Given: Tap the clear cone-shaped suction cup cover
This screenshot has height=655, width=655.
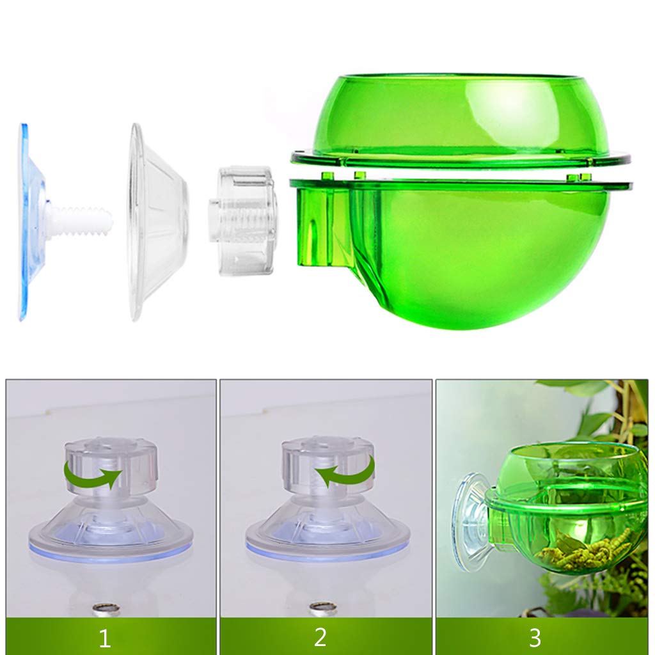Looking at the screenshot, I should point(157,221).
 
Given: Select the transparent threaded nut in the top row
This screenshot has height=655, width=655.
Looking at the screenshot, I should point(244,220).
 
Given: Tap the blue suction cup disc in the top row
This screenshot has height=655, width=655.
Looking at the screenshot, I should point(28,221).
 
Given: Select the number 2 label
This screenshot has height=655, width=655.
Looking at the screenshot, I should point(320,637).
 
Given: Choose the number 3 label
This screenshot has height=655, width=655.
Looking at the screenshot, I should point(535,637).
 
